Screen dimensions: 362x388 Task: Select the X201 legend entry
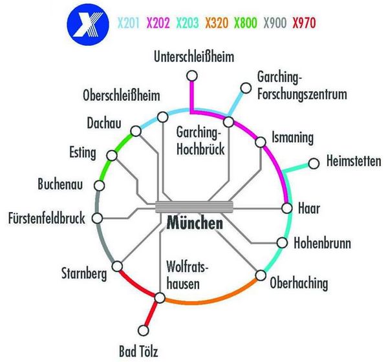coord(129,25)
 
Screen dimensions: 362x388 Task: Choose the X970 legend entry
coord(304,25)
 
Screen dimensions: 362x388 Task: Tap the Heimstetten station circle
coord(314,163)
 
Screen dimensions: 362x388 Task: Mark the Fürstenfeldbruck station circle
coord(98,218)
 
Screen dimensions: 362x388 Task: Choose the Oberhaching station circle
coord(261,275)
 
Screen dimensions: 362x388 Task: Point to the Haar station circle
coord(287,208)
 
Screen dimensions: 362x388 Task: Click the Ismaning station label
coord(292,137)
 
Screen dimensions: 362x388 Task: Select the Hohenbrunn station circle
coord(281,243)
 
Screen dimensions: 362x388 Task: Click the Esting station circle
coord(113,156)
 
